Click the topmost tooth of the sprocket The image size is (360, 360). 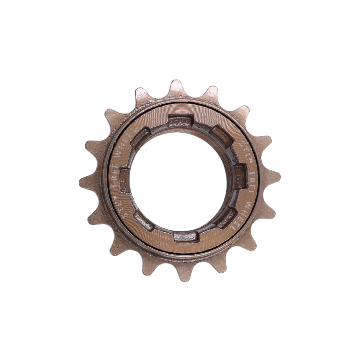[x=177, y=88]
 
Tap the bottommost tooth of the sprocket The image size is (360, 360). [x=184, y=273]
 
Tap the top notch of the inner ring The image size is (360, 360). [x=180, y=121]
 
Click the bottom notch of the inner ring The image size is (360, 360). [x=185, y=237]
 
